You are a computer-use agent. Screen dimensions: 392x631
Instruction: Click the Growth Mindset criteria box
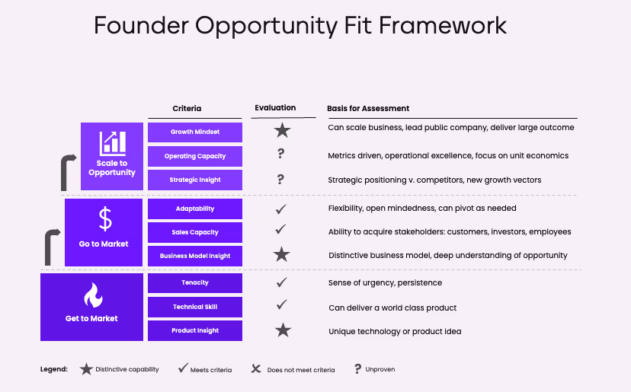[x=195, y=132]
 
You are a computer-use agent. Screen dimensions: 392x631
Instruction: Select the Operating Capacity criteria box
[x=195, y=156]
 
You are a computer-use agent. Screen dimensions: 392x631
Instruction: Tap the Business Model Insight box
[x=195, y=256]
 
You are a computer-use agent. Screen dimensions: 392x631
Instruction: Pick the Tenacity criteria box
[x=195, y=283]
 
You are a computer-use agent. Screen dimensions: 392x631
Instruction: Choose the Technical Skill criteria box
[x=195, y=307]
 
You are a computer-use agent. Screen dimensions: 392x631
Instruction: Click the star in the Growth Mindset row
[x=282, y=131]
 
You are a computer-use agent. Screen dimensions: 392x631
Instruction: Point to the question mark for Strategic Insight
[x=281, y=180]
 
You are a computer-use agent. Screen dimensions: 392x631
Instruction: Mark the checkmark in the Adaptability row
[x=281, y=208]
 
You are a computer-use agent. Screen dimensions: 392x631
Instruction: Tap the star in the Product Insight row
[x=283, y=330]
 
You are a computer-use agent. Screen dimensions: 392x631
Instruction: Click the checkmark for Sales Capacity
[x=281, y=229]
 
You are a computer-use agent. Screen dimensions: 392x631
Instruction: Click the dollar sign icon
[x=105, y=219]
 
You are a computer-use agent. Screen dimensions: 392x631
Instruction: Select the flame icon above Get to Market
[x=92, y=295]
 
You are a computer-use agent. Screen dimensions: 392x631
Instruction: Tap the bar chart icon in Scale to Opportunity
[x=112, y=142]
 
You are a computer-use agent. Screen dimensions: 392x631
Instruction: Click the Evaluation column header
[x=275, y=108]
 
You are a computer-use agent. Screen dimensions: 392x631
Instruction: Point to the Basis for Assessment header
[x=368, y=109]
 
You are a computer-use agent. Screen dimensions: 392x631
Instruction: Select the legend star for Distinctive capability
[x=87, y=369]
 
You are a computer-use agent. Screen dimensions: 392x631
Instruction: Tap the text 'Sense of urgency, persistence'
[x=385, y=283]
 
